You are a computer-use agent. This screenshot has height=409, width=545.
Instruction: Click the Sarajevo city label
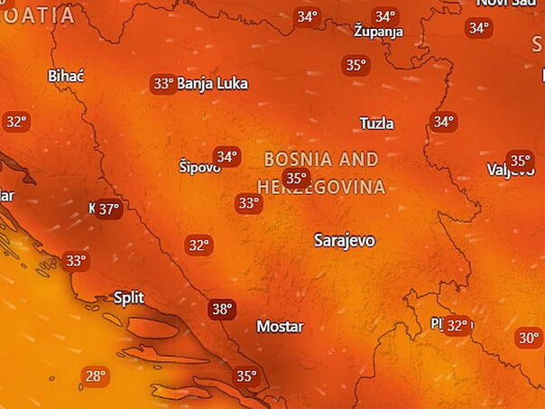point(344,240)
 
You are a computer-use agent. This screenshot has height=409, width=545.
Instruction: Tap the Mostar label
point(280,326)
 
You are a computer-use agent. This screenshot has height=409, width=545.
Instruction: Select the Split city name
point(128,297)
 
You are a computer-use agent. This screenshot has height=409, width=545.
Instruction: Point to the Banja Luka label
point(212,84)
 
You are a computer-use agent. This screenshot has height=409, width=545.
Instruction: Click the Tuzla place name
point(376,123)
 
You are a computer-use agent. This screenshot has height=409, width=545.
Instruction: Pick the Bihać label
point(65,75)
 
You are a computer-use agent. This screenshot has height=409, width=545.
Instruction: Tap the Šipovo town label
point(199,167)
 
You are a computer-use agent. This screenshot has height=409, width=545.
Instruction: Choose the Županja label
point(379,32)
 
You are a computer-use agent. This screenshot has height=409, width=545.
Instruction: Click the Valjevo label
point(511,170)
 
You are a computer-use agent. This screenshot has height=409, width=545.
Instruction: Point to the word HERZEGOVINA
point(322,188)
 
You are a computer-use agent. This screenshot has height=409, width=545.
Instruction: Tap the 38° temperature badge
point(221,310)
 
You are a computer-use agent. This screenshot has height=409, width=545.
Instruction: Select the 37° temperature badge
point(108,209)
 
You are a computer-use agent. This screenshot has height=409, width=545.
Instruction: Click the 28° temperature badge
point(95,376)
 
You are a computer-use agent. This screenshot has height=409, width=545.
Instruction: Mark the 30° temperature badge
point(528,339)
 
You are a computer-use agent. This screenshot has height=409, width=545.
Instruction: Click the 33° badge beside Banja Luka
point(162,84)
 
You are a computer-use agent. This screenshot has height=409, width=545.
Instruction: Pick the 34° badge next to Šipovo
point(226,157)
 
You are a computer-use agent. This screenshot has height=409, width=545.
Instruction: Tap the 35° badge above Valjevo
point(520,160)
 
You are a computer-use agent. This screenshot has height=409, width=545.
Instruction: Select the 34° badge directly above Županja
point(385,16)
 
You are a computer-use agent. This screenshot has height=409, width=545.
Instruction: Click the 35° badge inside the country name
point(295,178)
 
